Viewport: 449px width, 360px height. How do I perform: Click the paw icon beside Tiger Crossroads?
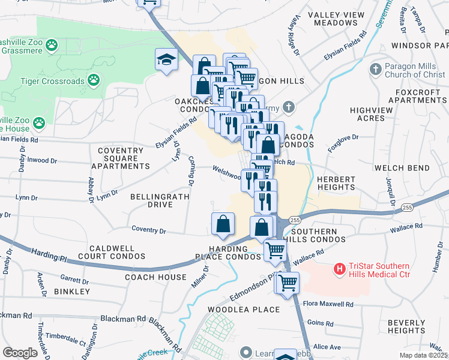(94, 79)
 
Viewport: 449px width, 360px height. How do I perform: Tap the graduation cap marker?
(167, 59)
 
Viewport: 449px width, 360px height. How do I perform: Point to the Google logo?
(20, 353)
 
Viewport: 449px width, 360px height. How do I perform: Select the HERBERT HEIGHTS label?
(336, 182)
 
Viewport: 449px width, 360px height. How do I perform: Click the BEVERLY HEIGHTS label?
(406, 326)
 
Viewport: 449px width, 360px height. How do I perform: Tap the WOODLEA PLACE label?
(244, 310)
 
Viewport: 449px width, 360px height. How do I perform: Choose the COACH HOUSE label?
(155, 277)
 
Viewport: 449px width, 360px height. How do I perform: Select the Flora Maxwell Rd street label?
(328, 304)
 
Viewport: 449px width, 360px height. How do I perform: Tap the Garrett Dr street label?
(74, 278)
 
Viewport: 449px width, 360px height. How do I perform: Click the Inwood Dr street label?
(42, 161)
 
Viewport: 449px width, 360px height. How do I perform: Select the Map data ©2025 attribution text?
(424, 355)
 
